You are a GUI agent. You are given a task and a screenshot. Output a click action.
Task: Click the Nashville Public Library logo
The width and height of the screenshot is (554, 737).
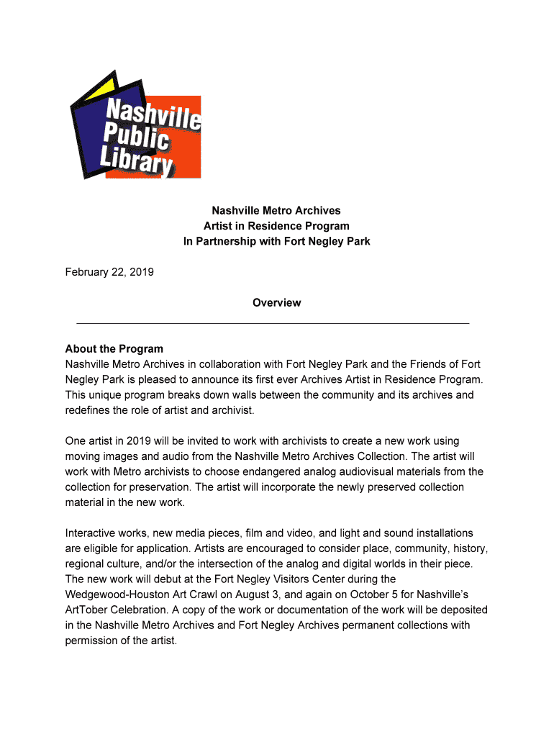134,126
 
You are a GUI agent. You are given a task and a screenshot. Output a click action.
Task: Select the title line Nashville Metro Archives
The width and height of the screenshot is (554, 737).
276,211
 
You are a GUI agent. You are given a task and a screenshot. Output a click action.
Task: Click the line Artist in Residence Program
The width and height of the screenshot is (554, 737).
276,226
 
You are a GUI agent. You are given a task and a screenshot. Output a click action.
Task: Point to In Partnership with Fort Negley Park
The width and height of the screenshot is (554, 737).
276,241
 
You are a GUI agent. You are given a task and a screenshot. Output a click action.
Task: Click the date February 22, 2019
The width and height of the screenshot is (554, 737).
109,272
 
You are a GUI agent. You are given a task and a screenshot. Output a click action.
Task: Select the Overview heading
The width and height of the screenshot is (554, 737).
276,303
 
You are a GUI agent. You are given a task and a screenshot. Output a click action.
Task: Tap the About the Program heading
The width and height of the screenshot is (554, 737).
114,349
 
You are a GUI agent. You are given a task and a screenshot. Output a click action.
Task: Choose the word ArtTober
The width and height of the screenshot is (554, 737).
88,610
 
